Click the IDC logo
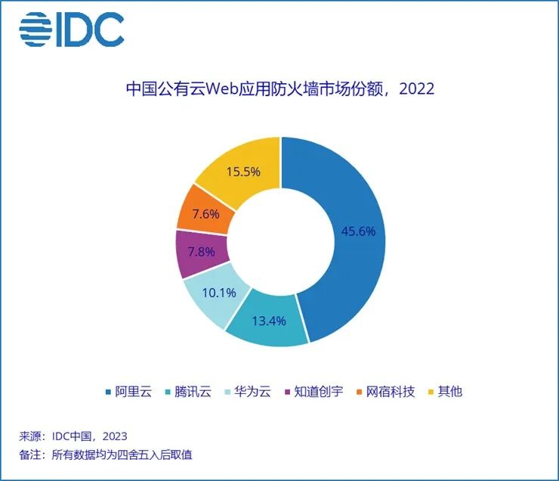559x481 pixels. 72,29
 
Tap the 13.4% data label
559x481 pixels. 268,320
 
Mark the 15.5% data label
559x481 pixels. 243,172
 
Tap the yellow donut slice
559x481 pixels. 227,159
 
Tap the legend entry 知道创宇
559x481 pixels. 314,391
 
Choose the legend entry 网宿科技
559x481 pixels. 385,391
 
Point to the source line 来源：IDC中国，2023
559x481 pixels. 73,436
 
